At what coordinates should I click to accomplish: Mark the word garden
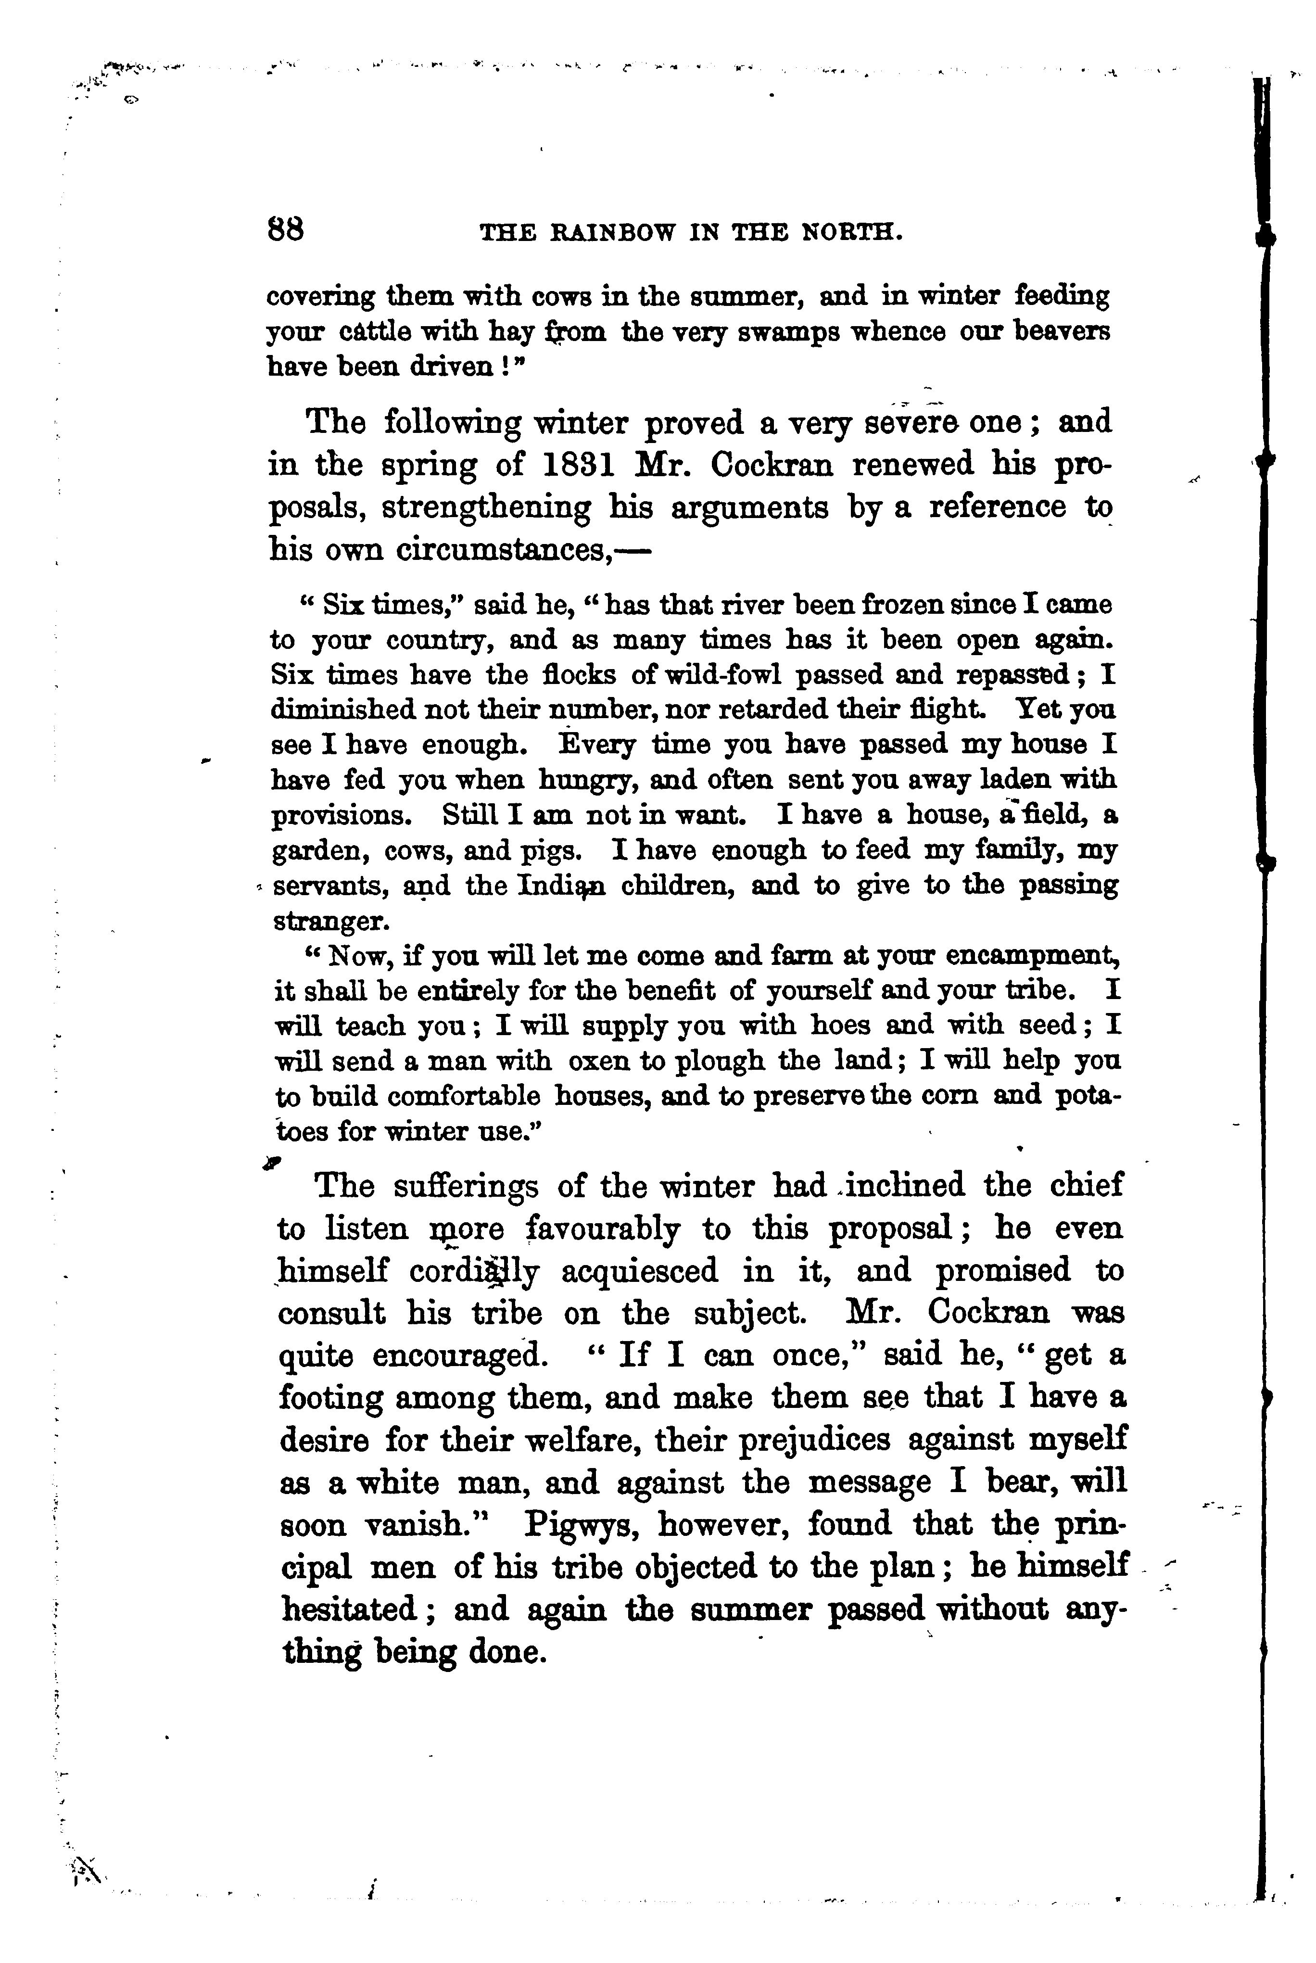pos(321,852)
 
